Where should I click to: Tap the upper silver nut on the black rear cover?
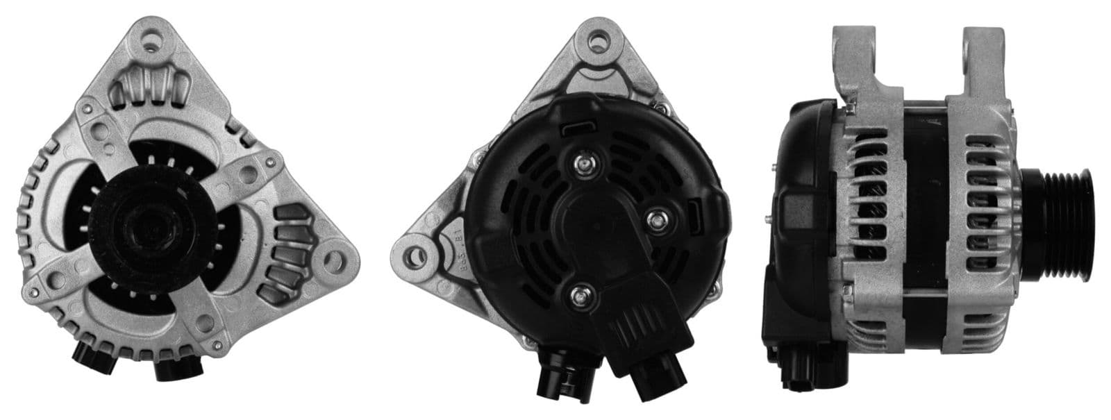[583, 164]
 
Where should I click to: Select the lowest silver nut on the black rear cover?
[578, 296]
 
